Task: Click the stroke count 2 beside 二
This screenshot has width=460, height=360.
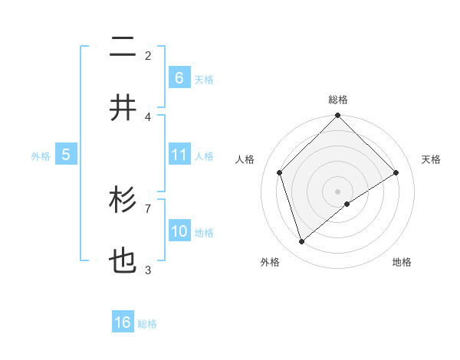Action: [148, 55]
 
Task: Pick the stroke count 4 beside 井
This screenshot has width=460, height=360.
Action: [148, 116]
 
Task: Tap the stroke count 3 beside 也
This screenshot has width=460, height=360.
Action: [148, 270]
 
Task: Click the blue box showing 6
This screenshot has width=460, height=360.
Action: [179, 77]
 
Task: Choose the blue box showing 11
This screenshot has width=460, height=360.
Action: [179, 155]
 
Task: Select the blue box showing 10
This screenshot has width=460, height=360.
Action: [179, 231]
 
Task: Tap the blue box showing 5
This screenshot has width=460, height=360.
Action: [66, 155]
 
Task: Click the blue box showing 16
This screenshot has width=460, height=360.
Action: [123, 322]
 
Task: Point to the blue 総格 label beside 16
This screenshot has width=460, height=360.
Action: [147, 324]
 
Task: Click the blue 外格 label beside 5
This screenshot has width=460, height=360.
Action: [41, 156]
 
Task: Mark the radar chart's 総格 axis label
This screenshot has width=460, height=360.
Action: [338, 100]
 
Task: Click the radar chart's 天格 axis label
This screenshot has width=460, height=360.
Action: [432, 159]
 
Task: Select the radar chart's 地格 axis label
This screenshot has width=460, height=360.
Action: [402, 262]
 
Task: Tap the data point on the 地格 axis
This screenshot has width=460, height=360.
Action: [347, 204]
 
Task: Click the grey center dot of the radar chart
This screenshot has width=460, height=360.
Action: [338, 191]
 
